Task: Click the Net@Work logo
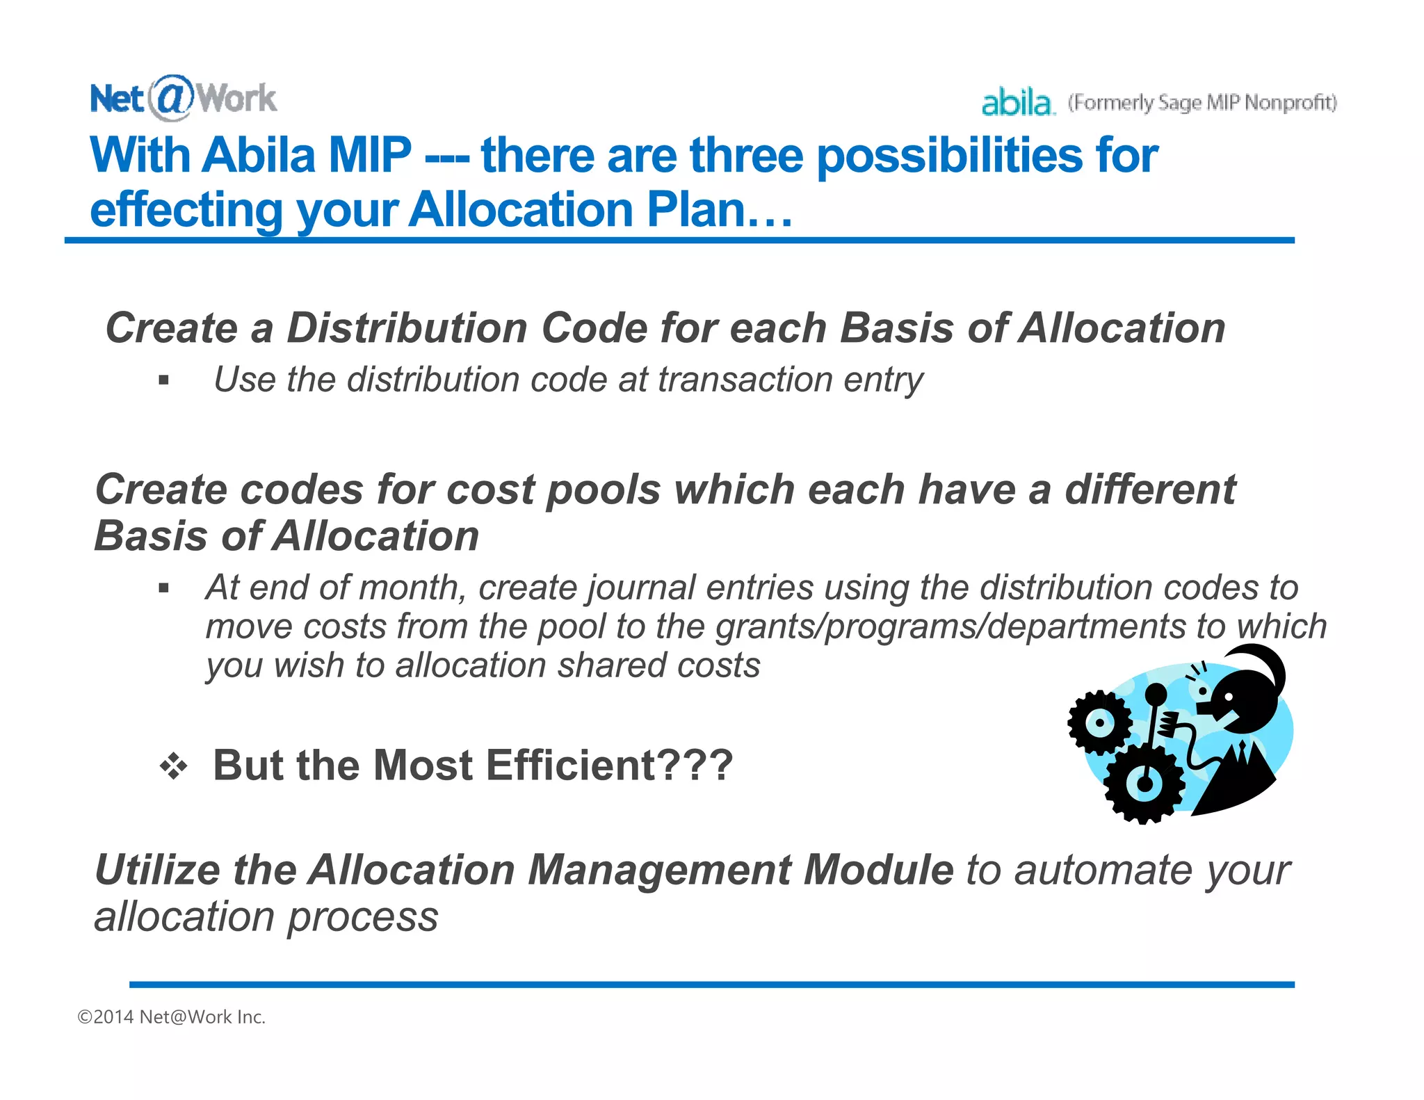click(x=183, y=98)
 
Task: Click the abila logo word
click(x=1017, y=103)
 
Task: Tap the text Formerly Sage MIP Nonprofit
click(x=1202, y=103)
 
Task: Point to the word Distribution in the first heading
click(x=407, y=327)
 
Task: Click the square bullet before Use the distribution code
click(x=164, y=380)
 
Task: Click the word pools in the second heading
click(x=603, y=489)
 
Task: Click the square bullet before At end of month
click(x=164, y=588)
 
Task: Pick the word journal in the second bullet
click(x=641, y=588)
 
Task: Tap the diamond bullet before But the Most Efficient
click(x=173, y=766)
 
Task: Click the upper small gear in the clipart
click(x=1099, y=722)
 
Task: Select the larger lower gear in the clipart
click(x=1144, y=782)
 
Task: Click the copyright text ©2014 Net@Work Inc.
click(x=172, y=1017)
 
